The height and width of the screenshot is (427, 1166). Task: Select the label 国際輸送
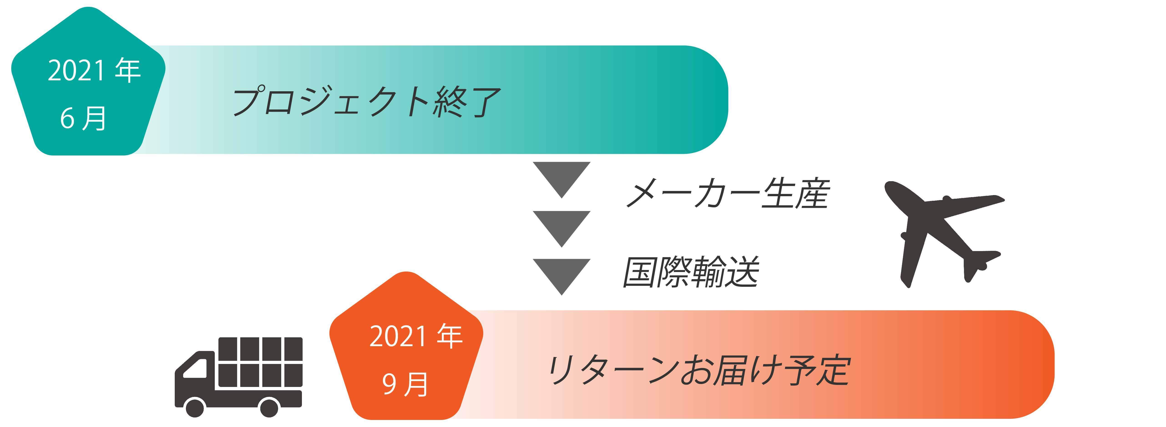click(x=691, y=272)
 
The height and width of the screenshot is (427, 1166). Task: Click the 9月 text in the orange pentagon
click(x=405, y=384)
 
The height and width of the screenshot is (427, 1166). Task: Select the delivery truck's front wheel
click(x=194, y=407)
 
